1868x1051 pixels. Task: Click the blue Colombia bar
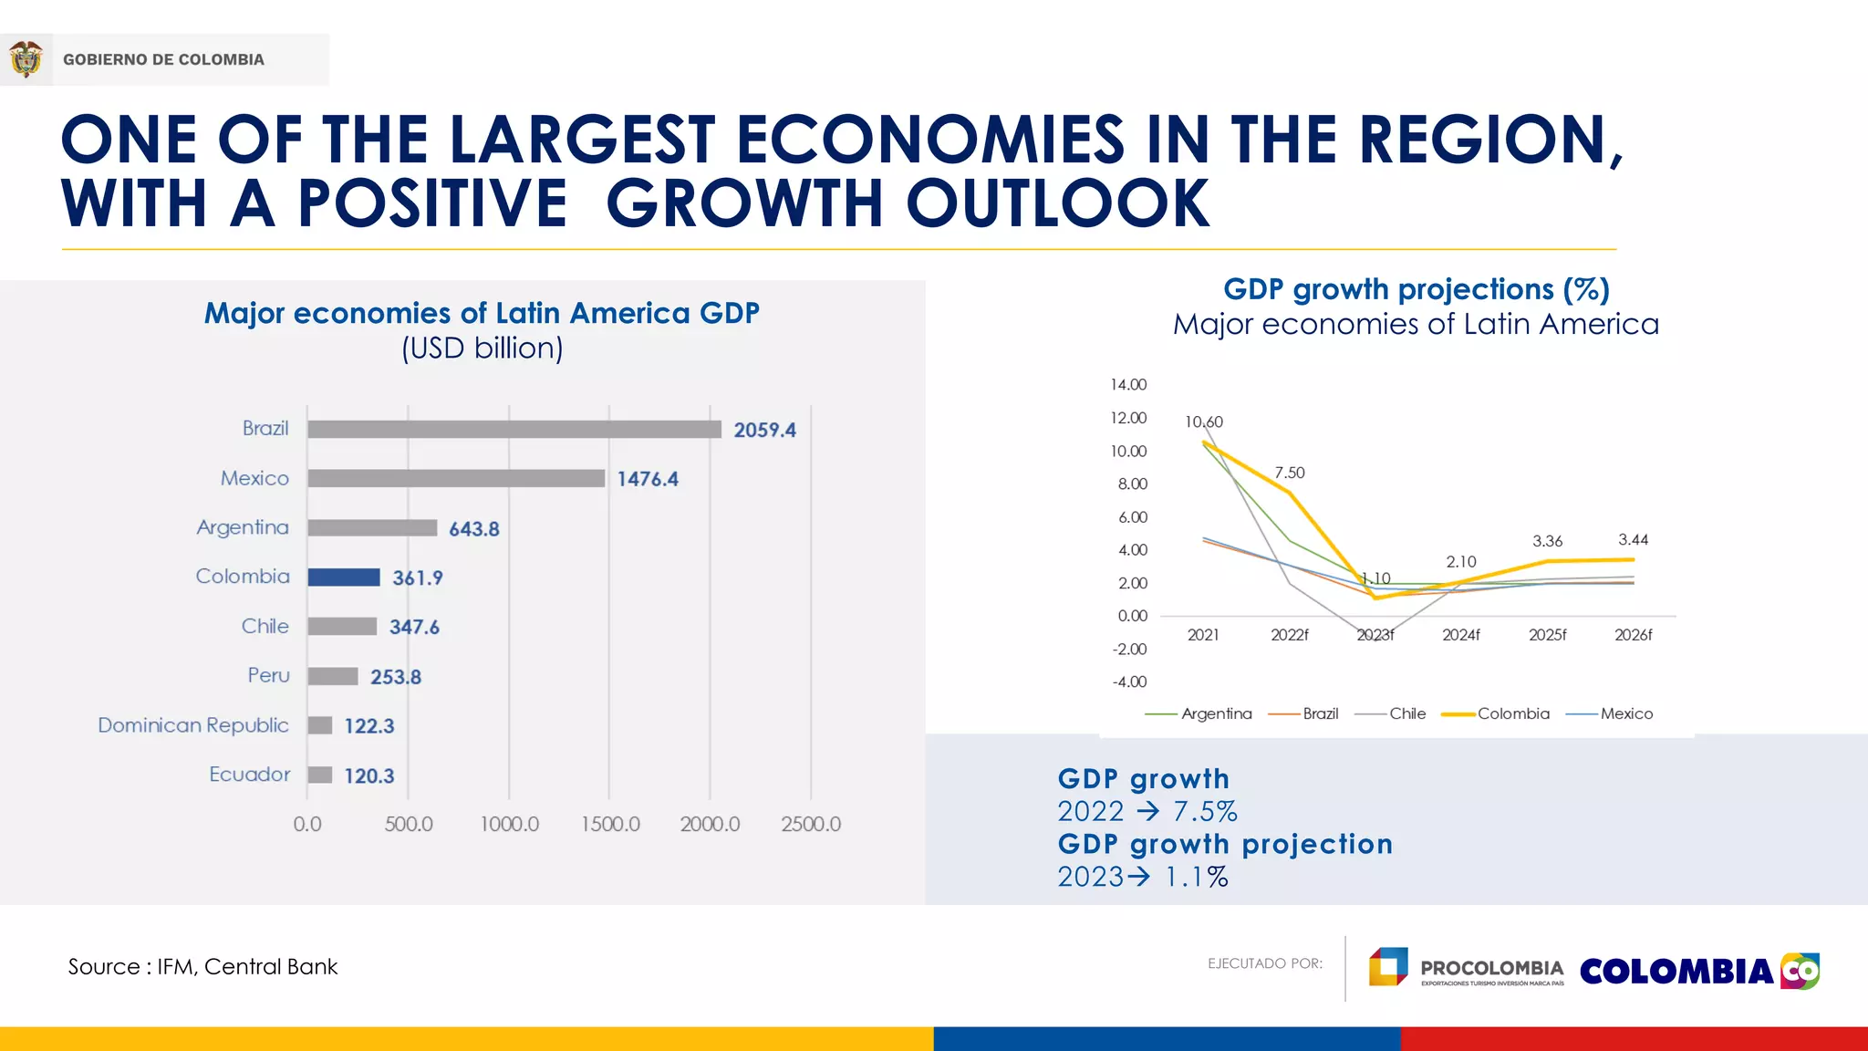click(x=344, y=578)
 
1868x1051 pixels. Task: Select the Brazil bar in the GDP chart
click(x=514, y=430)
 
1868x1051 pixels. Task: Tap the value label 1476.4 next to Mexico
click(x=648, y=479)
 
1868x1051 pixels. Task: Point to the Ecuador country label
click(x=249, y=775)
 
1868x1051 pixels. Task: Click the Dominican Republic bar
click(x=320, y=725)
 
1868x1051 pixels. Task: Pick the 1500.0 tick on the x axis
click(x=610, y=824)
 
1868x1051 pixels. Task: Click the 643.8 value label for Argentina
click(x=474, y=529)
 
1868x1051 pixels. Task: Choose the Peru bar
click(x=333, y=676)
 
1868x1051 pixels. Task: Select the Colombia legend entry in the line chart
click(x=1496, y=713)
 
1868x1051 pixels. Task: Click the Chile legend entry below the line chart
click(x=1390, y=713)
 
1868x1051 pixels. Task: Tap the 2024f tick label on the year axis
click(x=1461, y=635)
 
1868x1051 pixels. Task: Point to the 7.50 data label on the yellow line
click(x=1290, y=473)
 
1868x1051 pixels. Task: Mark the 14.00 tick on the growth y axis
click(x=1128, y=385)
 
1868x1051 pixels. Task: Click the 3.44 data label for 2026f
click(x=1634, y=540)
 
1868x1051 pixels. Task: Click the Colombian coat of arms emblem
click(x=26, y=59)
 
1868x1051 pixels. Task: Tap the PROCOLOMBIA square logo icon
click(x=1388, y=967)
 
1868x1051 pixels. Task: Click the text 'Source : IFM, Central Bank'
click(x=202, y=967)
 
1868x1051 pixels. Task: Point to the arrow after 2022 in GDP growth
click(x=1148, y=810)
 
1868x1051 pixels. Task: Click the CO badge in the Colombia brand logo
click(x=1800, y=971)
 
